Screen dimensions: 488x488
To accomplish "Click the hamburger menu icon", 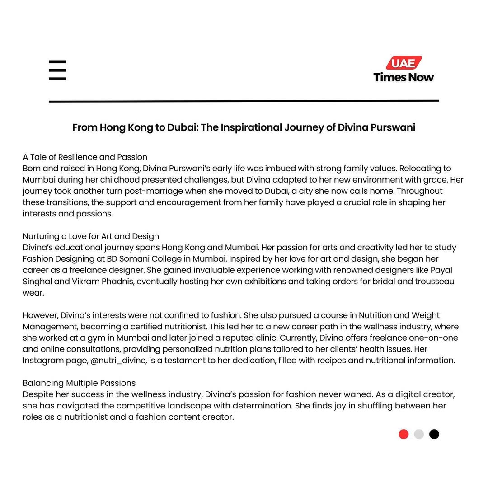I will [x=57, y=70].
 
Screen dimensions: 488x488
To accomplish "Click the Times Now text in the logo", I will [x=404, y=77].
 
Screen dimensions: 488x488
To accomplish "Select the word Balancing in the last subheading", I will [x=43, y=383].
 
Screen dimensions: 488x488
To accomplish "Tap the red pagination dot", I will [x=404, y=434].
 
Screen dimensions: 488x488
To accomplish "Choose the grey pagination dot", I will [x=419, y=434].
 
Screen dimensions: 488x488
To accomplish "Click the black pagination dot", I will [x=434, y=434].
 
